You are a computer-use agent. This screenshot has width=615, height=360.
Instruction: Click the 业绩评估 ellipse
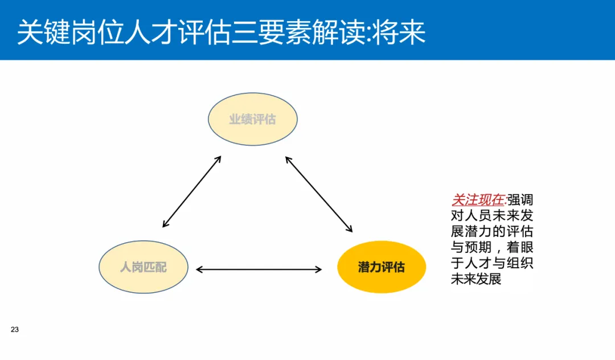252,120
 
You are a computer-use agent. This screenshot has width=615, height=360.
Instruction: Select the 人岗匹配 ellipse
143,267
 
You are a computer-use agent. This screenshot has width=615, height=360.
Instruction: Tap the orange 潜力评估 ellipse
382,267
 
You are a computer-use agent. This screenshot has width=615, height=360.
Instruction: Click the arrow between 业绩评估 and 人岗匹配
192,191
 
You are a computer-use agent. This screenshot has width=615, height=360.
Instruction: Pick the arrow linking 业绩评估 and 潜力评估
319,194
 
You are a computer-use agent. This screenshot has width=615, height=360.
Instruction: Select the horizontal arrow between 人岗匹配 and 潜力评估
259,269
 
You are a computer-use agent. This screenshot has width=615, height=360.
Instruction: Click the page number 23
15,330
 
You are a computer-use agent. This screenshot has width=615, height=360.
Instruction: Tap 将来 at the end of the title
405,33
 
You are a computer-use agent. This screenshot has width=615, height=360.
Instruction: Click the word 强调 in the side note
520,200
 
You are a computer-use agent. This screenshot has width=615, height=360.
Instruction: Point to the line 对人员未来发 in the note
492,216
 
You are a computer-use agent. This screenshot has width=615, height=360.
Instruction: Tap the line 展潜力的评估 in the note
492,232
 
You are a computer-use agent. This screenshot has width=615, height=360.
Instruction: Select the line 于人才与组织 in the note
492,264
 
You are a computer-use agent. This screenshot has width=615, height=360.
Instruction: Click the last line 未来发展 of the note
476,280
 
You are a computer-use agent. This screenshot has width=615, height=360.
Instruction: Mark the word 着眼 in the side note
520,248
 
